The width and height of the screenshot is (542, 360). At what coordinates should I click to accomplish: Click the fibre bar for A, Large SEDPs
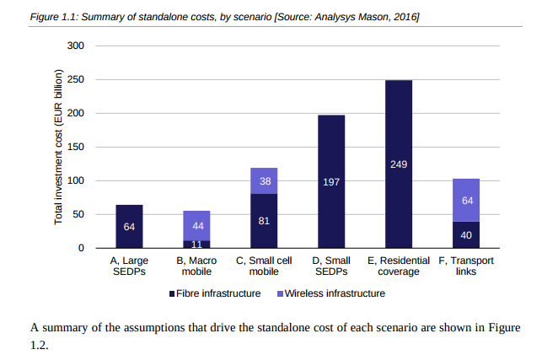129,226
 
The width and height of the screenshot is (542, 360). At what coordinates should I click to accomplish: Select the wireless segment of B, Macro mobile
196,225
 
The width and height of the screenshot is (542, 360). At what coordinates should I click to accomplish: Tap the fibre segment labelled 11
196,244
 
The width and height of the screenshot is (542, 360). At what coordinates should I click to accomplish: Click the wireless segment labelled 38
264,180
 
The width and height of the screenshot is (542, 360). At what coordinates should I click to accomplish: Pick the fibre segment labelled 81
264,220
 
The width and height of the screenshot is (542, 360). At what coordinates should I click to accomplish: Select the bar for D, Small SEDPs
331,181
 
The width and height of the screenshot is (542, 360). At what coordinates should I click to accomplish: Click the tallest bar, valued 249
399,164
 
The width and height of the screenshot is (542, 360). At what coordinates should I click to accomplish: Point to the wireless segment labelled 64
466,200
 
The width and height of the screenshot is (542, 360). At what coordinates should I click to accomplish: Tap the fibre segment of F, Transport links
466,234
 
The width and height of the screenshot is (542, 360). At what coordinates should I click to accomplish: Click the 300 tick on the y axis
76,46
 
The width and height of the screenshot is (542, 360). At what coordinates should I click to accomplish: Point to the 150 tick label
76,147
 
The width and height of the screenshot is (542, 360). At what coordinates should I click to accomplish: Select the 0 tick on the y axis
81,248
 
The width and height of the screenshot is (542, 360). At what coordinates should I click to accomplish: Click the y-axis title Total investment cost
59,148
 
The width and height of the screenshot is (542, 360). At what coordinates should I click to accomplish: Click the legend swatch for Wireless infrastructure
280,293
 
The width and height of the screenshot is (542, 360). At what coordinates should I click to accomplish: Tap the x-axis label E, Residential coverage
399,266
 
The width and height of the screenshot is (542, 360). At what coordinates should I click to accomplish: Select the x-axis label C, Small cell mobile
264,266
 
